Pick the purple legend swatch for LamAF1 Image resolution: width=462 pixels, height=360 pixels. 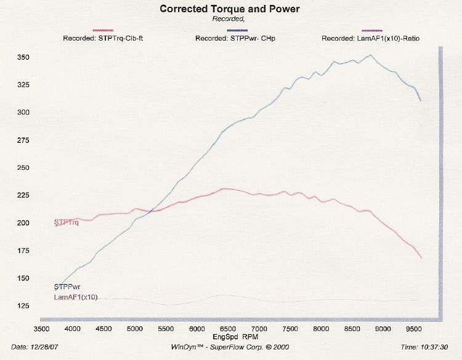(x=372, y=30)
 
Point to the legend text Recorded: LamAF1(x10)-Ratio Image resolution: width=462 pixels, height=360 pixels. (x=371, y=38)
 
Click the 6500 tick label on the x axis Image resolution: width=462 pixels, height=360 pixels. (x=227, y=329)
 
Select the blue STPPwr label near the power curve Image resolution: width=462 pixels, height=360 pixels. (x=68, y=287)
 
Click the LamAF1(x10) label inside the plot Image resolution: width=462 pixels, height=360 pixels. (x=76, y=297)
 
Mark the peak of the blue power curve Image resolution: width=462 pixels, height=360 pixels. (x=370, y=55)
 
